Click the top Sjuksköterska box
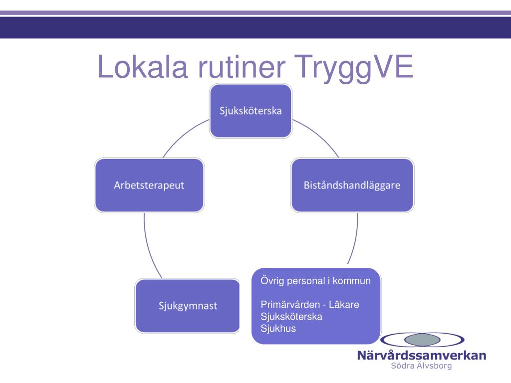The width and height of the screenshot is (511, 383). (251, 111)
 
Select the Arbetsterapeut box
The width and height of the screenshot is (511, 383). (149, 185)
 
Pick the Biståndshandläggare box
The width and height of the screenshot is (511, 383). (352, 185)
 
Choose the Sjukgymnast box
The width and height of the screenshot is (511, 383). (188, 306)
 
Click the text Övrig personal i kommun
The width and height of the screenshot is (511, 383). (315, 281)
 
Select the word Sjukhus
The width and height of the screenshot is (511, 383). (278, 328)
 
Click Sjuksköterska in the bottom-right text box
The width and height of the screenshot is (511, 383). (291, 316)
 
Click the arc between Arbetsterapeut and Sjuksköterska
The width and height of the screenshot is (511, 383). (182, 136)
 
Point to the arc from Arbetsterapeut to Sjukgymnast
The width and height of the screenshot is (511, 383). (149, 247)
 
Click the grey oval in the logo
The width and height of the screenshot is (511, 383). (422, 340)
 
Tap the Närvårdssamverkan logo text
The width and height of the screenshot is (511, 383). (421, 356)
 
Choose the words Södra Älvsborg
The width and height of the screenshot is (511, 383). (421, 366)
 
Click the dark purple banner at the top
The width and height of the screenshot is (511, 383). (255, 28)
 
